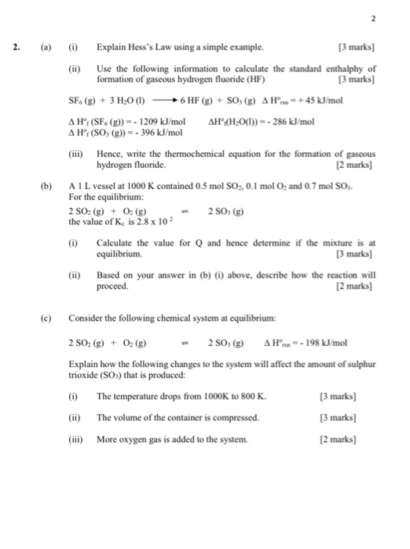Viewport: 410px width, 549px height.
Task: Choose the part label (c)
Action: (54, 318)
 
